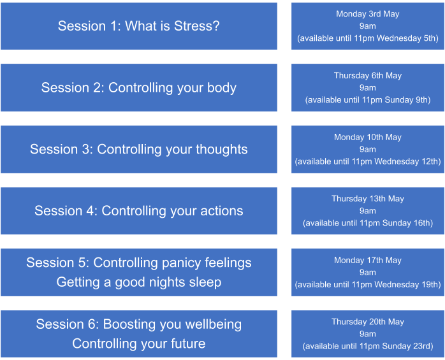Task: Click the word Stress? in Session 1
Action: click(196, 26)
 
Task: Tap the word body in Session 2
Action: click(222, 88)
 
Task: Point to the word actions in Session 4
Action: click(222, 211)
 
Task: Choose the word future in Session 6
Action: click(188, 343)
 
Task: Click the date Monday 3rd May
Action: click(367, 14)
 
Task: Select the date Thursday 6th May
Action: click(367, 75)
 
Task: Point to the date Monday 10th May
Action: click(367, 137)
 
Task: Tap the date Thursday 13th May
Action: click(367, 199)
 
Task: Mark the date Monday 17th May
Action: click(367, 260)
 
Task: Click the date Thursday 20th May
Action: click(367, 322)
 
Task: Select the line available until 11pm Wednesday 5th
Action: click(367, 38)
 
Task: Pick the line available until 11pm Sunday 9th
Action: click(367, 100)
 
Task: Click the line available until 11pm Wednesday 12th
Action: click(367, 161)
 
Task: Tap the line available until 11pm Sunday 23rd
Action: click(367, 346)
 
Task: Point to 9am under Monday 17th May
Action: click(367, 272)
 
